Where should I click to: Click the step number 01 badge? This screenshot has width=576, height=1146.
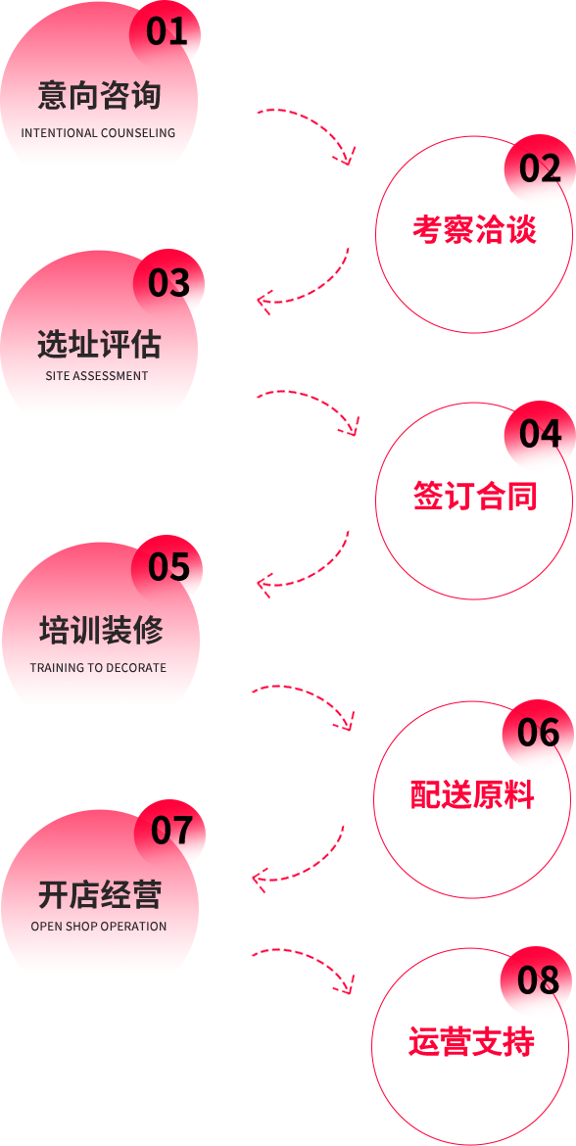click(x=166, y=32)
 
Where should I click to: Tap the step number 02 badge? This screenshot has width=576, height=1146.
click(x=540, y=169)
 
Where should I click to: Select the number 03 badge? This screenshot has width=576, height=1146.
click(x=168, y=284)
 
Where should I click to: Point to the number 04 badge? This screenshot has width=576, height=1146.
click(x=540, y=436)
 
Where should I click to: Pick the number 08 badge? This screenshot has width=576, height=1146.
click(x=538, y=980)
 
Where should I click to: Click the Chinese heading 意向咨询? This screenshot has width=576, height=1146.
click(x=99, y=97)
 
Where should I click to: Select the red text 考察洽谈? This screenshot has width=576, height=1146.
click(x=474, y=229)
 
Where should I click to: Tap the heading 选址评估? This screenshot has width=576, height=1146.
click(x=99, y=344)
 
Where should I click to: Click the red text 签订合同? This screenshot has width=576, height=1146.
click(x=475, y=497)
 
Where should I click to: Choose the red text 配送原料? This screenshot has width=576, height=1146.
click(x=472, y=794)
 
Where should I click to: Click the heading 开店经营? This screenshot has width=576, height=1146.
click(x=100, y=894)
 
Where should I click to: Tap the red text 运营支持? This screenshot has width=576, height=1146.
click(x=471, y=1042)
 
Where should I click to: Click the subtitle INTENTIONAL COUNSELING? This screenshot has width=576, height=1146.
click(x=98, y=133)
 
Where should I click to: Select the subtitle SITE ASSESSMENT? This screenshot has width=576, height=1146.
click(x=96, y=376)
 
